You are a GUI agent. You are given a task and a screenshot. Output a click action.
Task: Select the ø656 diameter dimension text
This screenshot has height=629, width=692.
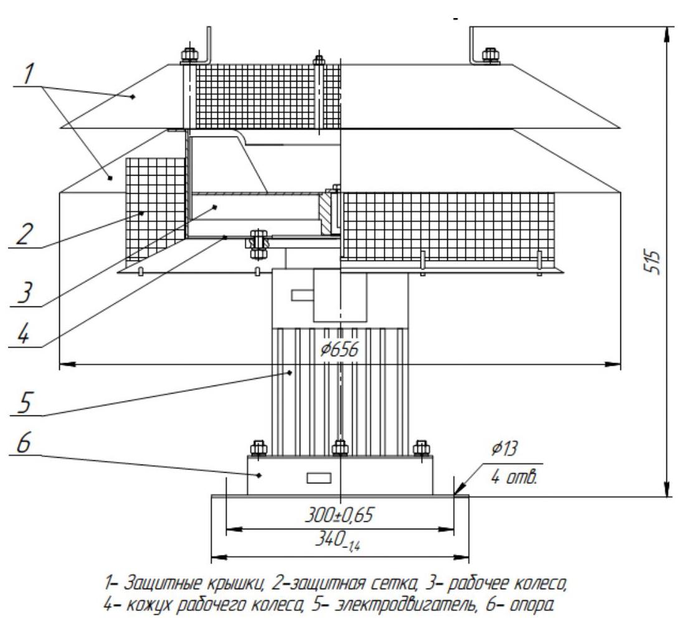[339, 351]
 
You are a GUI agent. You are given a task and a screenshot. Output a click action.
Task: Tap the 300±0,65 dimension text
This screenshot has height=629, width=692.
[339, 516]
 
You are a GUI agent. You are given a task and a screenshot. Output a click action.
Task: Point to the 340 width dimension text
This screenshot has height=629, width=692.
[339, 544]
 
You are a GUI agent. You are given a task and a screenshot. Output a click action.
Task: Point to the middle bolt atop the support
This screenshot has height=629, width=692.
[339, 448]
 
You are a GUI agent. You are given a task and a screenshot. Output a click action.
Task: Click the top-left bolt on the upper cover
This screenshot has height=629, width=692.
[189, 54]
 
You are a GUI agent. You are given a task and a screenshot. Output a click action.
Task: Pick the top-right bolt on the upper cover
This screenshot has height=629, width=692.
[490, 54]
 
